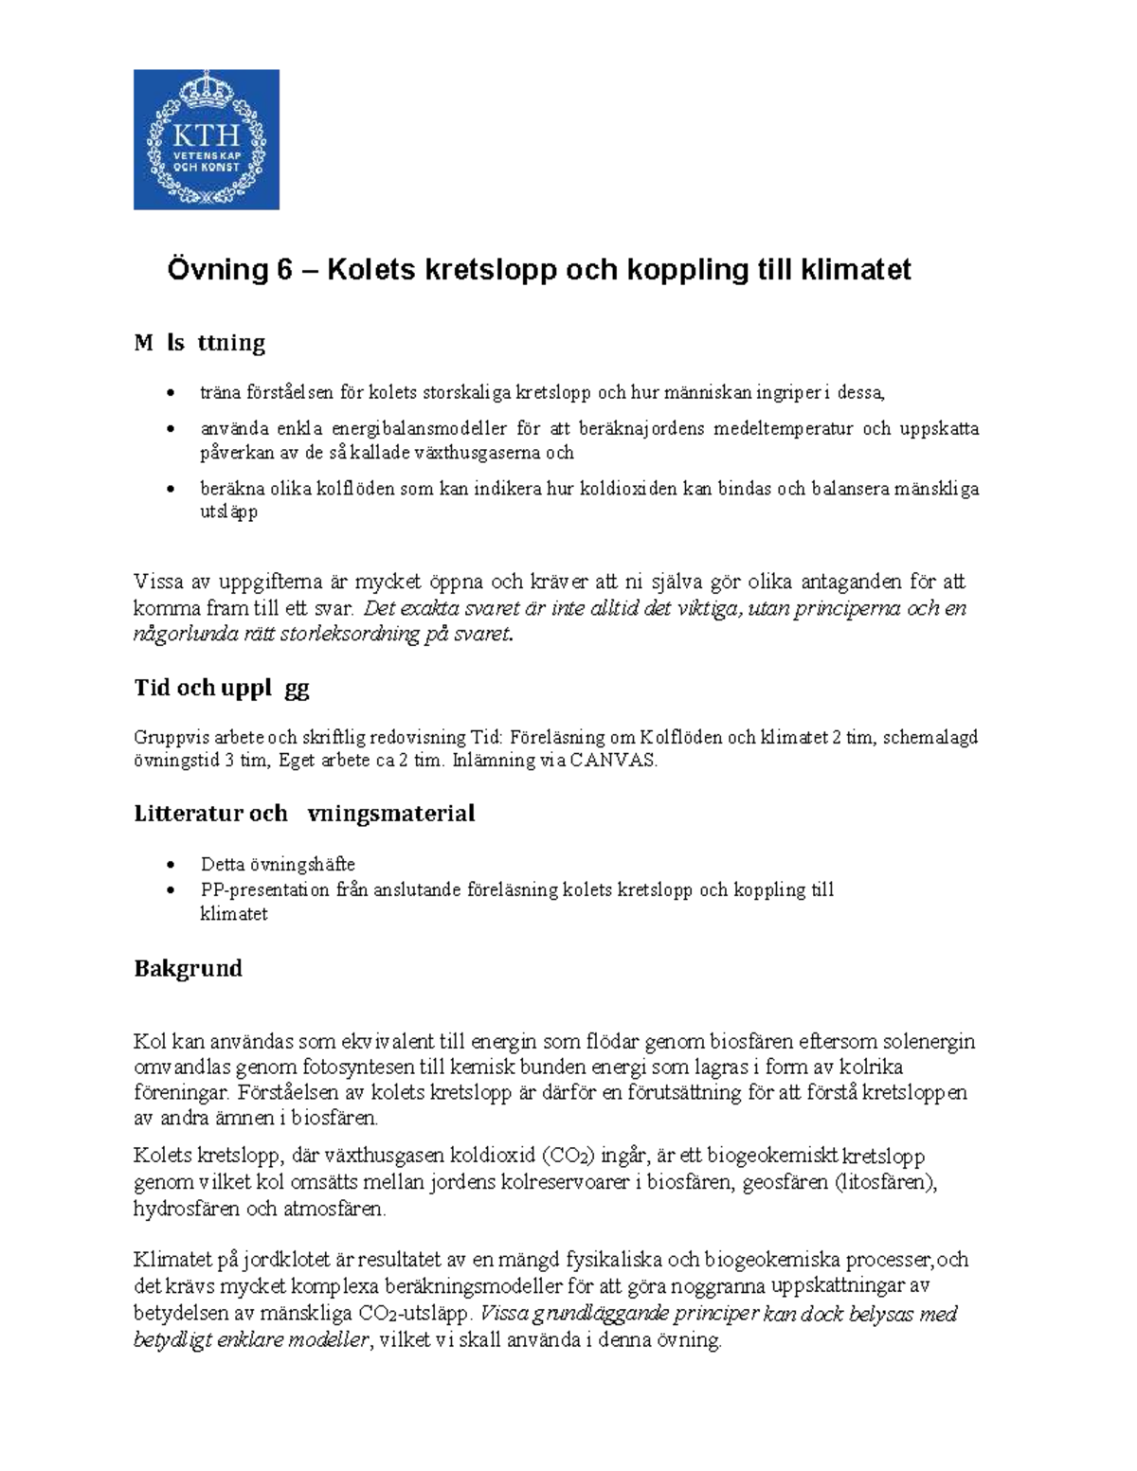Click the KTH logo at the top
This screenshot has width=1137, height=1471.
(x=206, y=139)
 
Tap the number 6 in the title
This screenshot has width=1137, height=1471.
(x=285, y=270)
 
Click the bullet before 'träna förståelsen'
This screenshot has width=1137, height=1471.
(x=171, y=393)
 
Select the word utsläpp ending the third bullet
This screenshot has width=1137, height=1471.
(x=228, y=512)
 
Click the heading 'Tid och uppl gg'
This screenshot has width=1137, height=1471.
(x=222, y=688)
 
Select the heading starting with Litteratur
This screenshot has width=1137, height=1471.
(x=304, y=814)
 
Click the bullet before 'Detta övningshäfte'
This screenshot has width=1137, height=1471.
(x=171, y=865)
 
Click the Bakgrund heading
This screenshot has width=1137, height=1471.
(x=188, y=968)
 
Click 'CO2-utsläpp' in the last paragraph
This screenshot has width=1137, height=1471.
(x=414, y=1315)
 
